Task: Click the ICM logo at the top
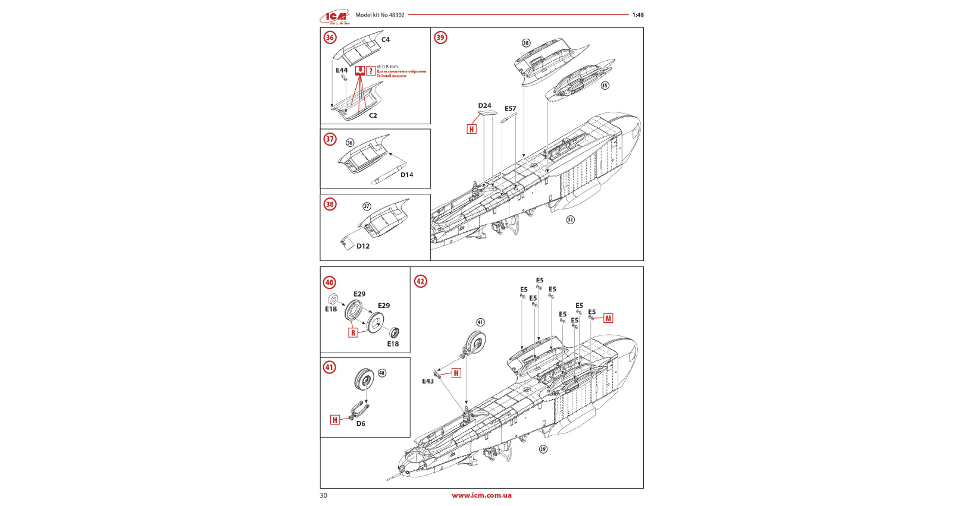[335, 17]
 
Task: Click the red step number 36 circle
[330, 37]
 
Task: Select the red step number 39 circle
[440, 37]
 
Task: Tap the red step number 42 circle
[421, 281]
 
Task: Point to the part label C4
[386, 40]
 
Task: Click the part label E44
[342, 70]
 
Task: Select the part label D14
[406, 175]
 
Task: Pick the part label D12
[363, 246]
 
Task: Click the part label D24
[484, 106]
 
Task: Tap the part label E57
[511, 109]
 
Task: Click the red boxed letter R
[353, 333]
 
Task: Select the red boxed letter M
[608, 319]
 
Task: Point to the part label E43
[428, 381]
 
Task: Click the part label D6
[361, 424]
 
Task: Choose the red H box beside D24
[472, 129]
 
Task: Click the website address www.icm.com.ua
[481, 495]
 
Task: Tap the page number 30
[324, 495]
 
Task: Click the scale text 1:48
[638, 15]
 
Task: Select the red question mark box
[371, 71]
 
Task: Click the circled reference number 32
[570, 219]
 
